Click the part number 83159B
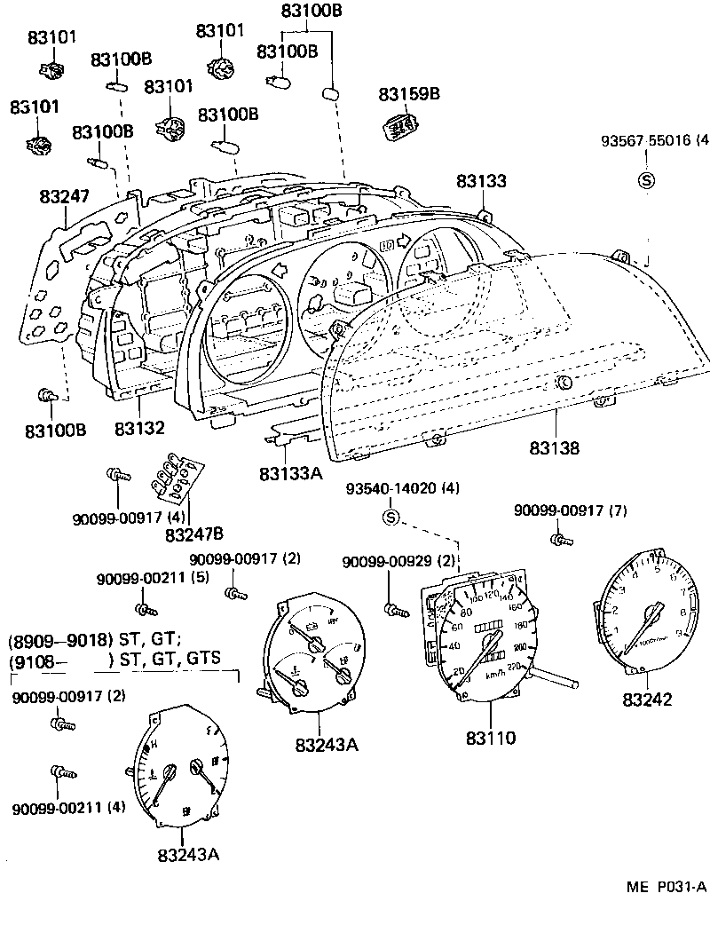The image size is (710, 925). pyautogui.click(x=410, y=93)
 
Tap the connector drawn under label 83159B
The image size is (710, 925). pyautogui.click(x=401, y=126)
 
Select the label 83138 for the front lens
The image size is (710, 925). pyautogui.click(x=556, y=448)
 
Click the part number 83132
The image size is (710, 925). pyautogui.click(x=139, y=429)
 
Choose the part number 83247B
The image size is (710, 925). pyautogui.click(x=194, y=534)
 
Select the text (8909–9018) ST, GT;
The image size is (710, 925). pyautogui.click(x=95, y=639)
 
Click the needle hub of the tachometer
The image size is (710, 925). pyautogui.click(x=658, y=612)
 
